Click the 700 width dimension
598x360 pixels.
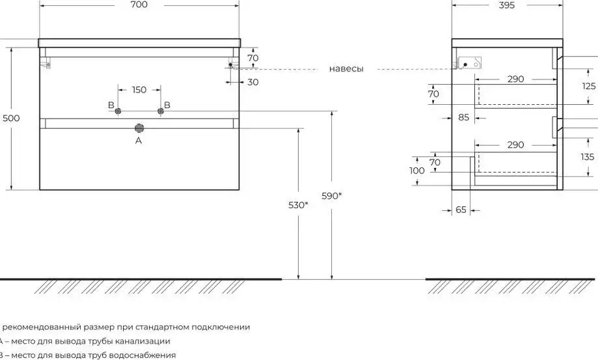(x=139, y=5)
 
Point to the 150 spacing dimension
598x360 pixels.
(x=139, y=90)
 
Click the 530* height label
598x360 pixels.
(x=298, y=205)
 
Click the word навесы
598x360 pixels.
(x=346, y=68)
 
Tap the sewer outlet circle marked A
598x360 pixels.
(x=139, y=128)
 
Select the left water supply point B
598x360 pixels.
(x=118, y=111)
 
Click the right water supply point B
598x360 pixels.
(x=159, y=111)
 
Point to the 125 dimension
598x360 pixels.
(x=588, y=86)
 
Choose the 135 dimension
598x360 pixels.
(x=588, y=157)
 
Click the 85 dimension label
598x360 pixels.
(x=463, y=118)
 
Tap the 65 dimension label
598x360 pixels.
(x=461, y=211)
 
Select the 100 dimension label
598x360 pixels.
(x=417, y=171)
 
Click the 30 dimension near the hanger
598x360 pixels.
(x=252, y=82)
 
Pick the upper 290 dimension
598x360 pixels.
(x=515, y=79)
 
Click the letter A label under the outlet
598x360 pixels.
(x=138, y=140)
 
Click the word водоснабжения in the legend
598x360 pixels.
(x=146, y=355)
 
